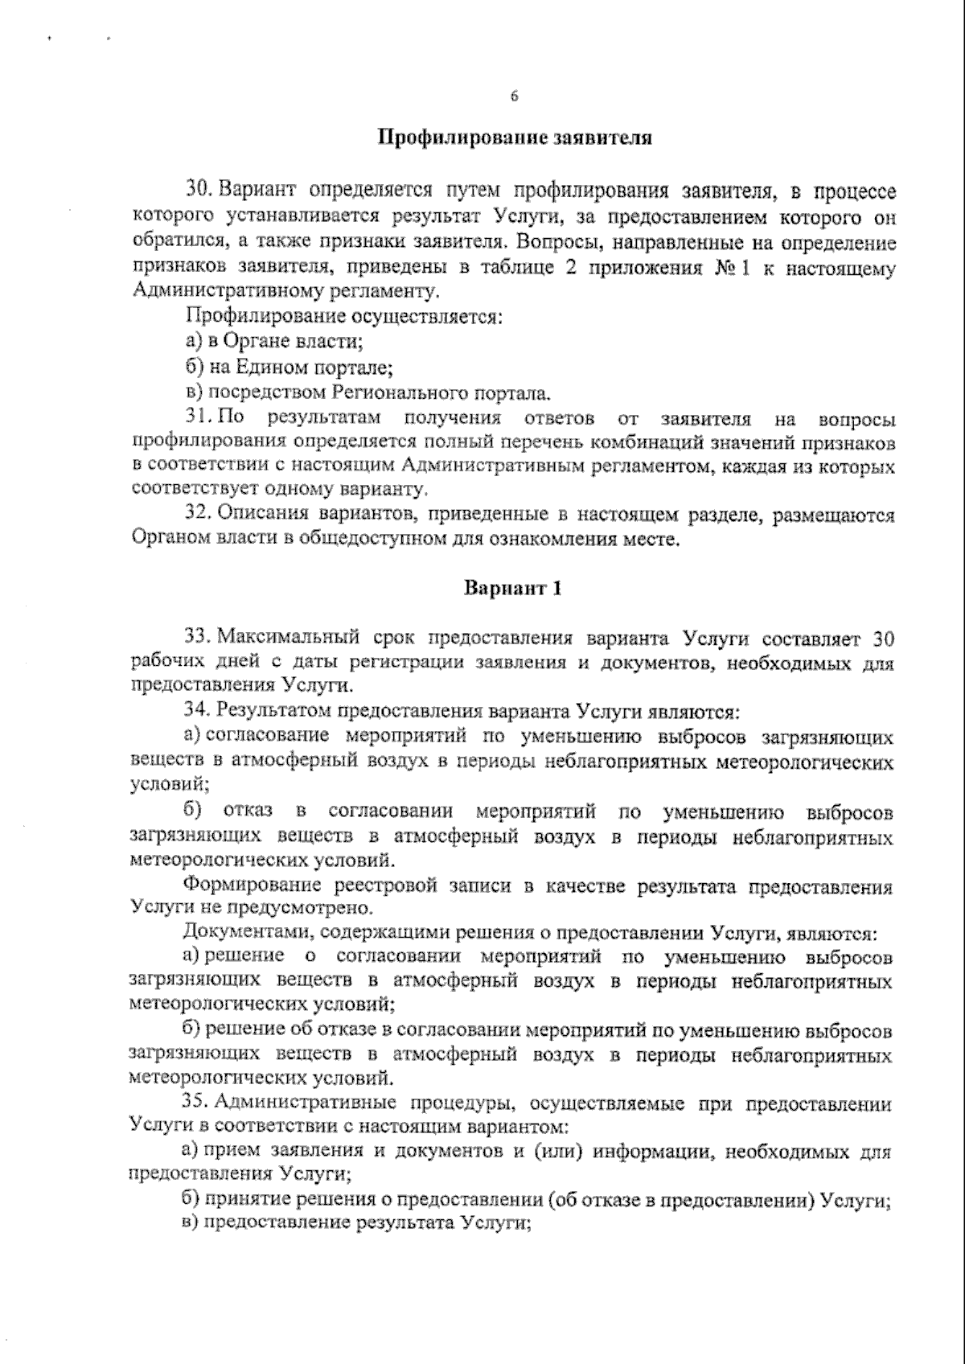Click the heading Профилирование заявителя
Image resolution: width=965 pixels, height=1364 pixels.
click(515, 138)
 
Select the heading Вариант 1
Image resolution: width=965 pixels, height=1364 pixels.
click(512, 589)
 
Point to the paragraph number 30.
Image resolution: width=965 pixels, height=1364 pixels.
click(198, 191)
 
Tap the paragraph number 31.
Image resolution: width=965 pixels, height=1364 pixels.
click(198, 418)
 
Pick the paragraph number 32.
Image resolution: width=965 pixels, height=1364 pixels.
click(198, 514)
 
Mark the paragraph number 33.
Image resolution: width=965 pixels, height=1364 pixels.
click(198, 639)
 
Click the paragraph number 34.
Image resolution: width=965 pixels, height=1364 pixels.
click(198, 712)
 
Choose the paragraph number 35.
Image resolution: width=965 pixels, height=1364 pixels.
click(198, 1103)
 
